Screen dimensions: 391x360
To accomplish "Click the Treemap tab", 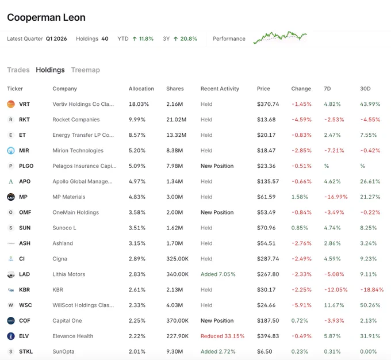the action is tap(85, 70).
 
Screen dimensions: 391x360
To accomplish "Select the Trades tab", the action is tap(18, 70).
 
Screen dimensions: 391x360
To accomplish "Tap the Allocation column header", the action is tap(141, 89).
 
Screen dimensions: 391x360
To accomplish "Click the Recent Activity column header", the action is tap(220, 89).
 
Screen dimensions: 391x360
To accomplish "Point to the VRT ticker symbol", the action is tap(24, 104).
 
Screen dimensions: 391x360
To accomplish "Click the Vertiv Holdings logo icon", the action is tap(11, 104).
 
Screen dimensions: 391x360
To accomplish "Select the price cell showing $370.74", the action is tap(268, 104).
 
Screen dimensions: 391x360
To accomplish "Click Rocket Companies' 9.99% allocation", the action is tap(137, 120).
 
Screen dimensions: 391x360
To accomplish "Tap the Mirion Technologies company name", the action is tap(78, 151).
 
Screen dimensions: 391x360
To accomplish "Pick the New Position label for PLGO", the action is tap(217, 166).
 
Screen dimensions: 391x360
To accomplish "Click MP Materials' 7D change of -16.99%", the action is tap(336, 197).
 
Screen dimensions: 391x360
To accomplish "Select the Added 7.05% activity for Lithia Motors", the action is tap(218, 274).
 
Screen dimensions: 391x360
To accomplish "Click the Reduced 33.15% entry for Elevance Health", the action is tap(223, 336).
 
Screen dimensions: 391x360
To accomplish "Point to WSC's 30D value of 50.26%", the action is tap(370, 305).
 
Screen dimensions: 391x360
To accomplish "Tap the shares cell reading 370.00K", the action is tap(177, 320).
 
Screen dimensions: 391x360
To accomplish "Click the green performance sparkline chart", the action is tap(280, 37).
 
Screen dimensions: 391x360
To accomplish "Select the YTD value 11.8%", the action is tap(146, 39).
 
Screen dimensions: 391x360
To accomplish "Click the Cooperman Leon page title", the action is tap(46, 17).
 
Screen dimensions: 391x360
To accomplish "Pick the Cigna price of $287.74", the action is tap(268, 259).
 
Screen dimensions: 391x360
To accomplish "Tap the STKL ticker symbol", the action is tap(26, 351).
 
